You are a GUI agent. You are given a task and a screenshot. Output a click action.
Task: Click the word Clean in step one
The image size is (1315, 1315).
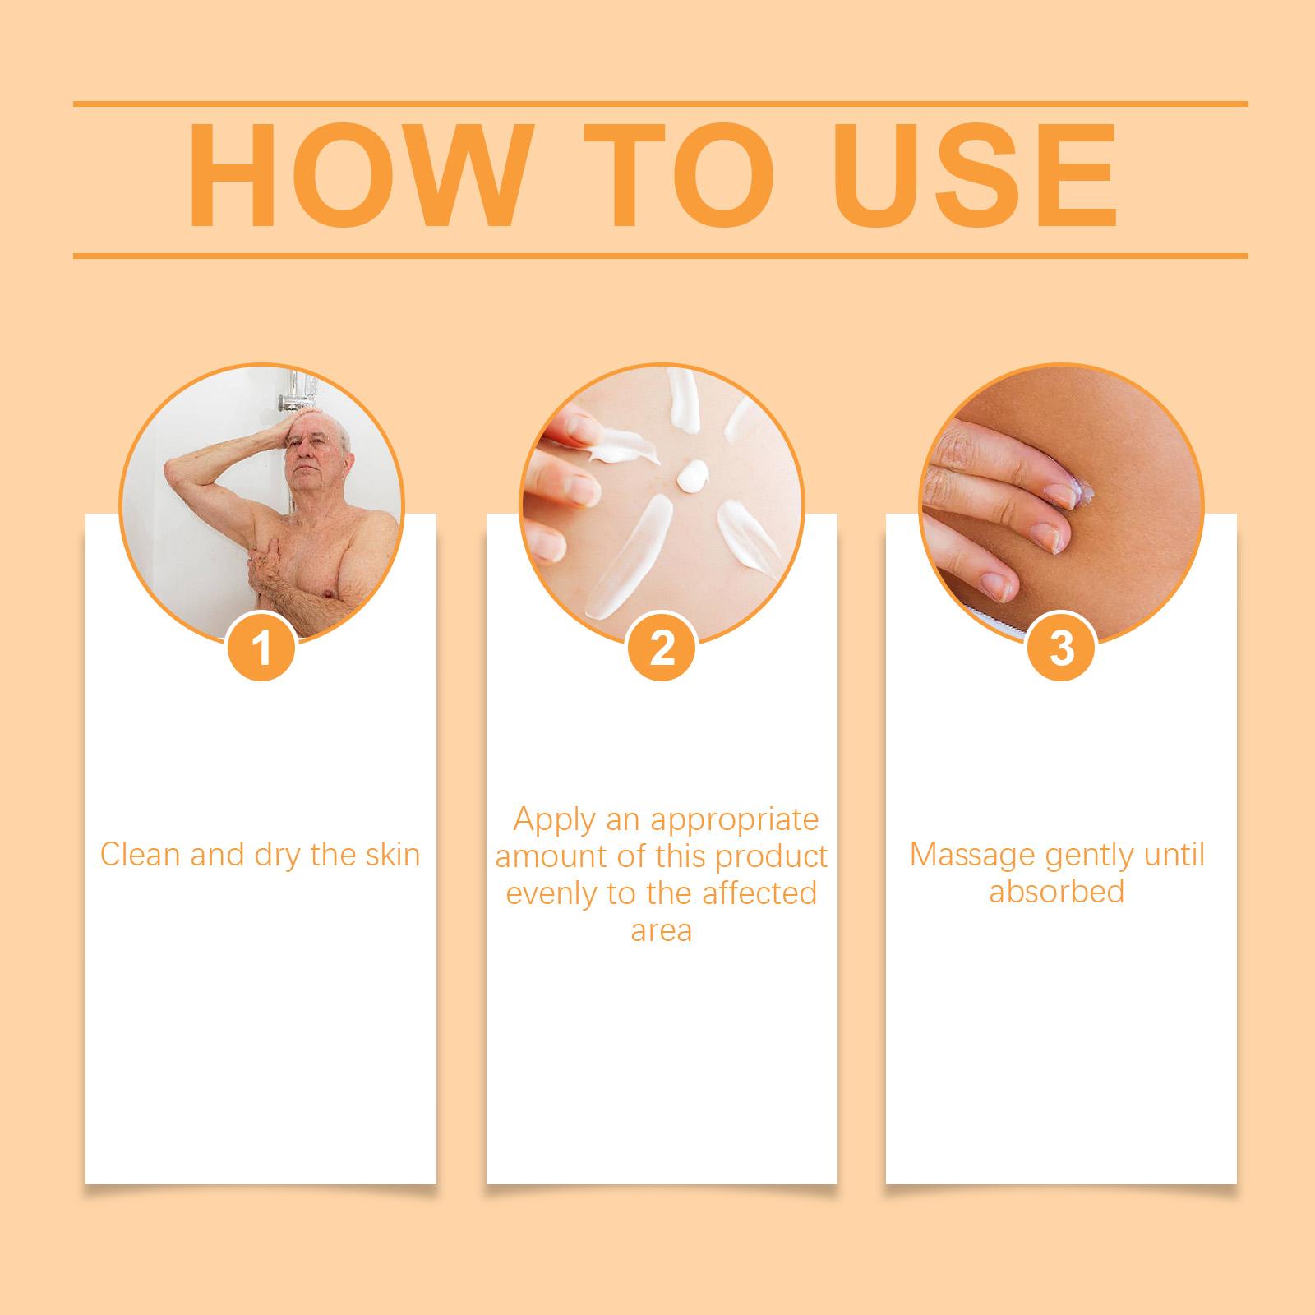[x=141, y=855]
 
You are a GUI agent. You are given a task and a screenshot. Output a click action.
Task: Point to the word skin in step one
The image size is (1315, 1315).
[x=390, y=855]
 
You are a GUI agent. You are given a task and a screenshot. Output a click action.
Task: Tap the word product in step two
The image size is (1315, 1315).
[x=772, y=856]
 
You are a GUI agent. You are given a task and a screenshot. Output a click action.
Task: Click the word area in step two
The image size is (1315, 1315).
[x=662, y=932]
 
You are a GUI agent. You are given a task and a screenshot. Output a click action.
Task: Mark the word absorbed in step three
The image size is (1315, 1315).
[x=1057, y=892]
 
